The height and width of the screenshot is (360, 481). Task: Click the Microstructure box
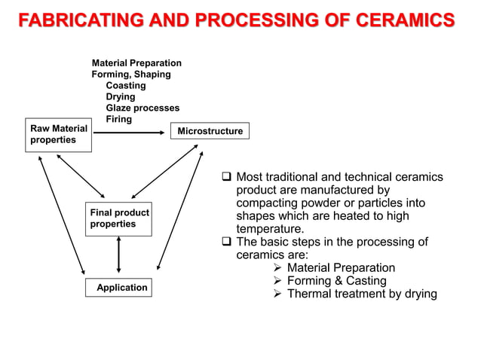210,131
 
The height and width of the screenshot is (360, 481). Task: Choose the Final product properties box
118,218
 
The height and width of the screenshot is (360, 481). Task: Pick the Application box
118,288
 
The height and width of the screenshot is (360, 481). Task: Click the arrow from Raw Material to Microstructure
128,132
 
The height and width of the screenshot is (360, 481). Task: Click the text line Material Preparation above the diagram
136,63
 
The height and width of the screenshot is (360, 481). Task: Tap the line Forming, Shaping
131,75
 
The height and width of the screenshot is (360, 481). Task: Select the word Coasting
126,86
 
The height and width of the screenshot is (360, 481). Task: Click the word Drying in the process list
121,97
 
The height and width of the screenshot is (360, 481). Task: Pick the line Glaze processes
142,108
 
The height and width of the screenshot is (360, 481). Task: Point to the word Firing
119,120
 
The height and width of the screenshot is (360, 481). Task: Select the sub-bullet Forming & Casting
336,281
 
